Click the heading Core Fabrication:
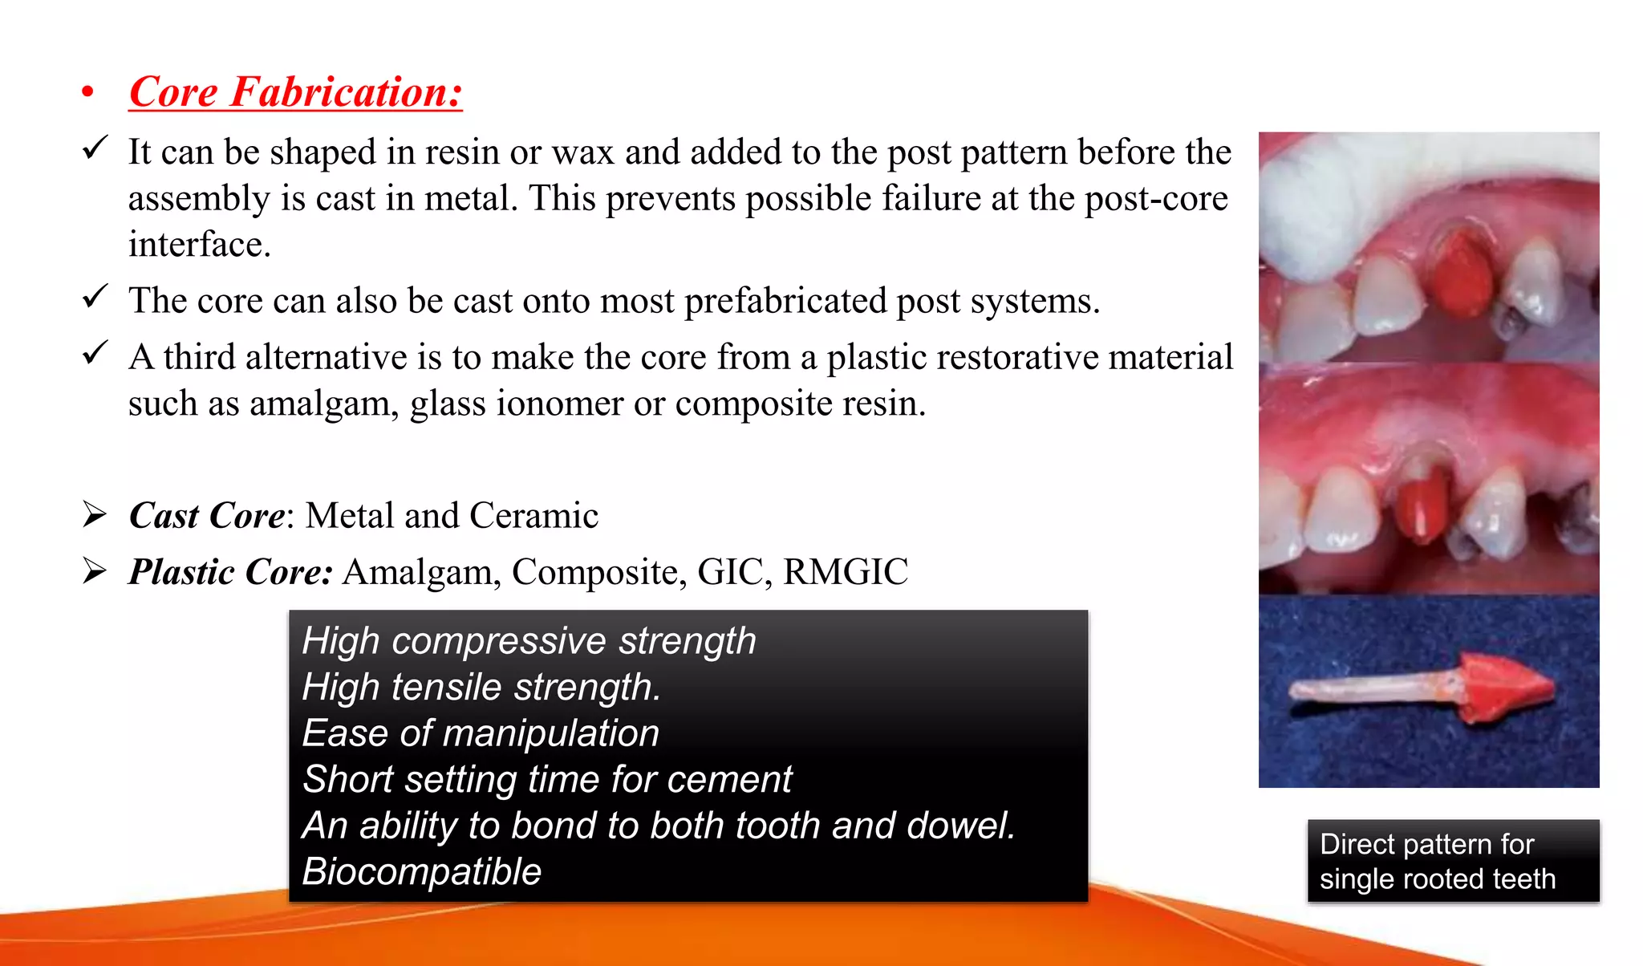point(295,91)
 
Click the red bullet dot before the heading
point(87,93)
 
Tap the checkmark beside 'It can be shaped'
point(95,148)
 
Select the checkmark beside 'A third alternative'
point(95,352)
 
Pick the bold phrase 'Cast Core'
point(207,516)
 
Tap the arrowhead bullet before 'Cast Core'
point(95,514)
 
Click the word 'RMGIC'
point(846,572)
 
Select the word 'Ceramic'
point(533,516)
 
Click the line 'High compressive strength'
point(529,641)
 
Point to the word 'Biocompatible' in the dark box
point(422,871)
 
